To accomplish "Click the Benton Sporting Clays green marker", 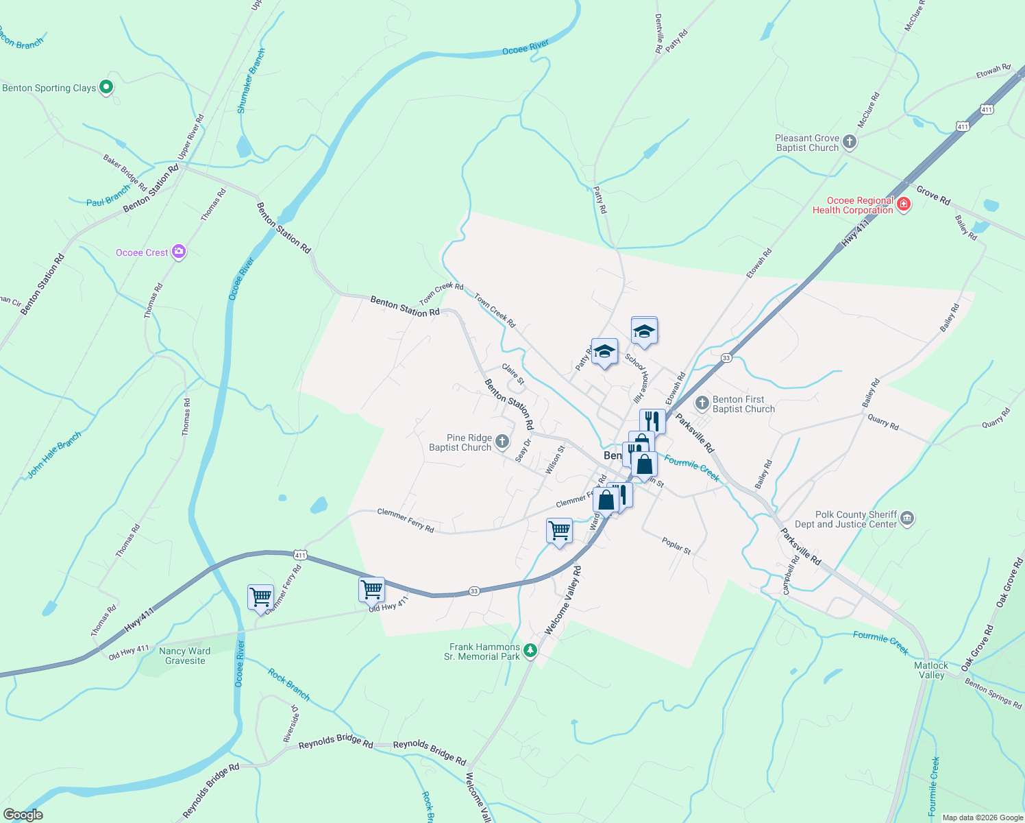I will coord(106,87).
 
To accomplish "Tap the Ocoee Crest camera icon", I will coord(179,252).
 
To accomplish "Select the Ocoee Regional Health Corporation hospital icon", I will coord(904,204).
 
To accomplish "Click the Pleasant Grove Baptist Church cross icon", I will coord(850,142).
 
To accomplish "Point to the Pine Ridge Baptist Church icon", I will coord(502,442).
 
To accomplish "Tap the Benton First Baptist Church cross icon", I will coord(702,403).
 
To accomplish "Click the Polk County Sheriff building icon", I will coord(907,518).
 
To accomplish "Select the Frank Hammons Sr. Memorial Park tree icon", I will coord(530,651).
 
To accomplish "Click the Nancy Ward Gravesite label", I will coord(185,656).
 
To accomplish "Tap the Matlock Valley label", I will coord(931,670).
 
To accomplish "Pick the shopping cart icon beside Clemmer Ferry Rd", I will coord(260,597).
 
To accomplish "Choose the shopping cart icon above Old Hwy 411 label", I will coord(371,588).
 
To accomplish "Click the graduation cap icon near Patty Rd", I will coord(604,352).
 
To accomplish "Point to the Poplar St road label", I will coord(676,546).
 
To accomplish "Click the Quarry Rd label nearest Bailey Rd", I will coord(882,421).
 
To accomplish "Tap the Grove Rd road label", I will coord(933,196).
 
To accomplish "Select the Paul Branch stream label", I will coord(108,196).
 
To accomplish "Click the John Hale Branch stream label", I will coord(54,454).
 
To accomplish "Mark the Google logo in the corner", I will coord(23,815).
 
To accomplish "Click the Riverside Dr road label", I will coord(291,723).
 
